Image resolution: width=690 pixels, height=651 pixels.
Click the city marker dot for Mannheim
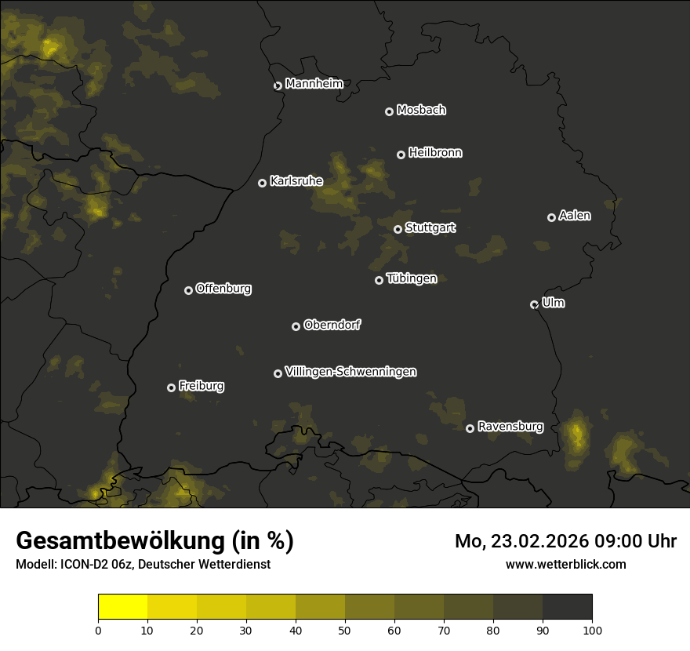tap(278, 86)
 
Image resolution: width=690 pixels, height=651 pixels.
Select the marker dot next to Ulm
tap(534, 304)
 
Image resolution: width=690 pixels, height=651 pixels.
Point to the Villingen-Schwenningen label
tap(350, 372)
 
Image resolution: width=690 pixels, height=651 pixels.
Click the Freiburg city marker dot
tap(171, 387)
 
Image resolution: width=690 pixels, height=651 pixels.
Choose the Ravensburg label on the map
tap(510, 427)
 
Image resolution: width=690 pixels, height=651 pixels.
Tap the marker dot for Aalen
tap(551, 217)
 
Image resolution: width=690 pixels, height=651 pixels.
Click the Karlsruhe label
tap(296, 181)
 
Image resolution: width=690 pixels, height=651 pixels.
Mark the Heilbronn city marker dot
tap(401, 155)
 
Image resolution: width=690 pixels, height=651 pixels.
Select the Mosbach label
tap(421, 110)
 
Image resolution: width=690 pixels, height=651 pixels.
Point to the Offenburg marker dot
tap(188, 290)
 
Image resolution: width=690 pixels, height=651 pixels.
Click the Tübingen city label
tap(412, 278)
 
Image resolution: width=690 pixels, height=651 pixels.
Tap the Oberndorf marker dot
tap(296, 326)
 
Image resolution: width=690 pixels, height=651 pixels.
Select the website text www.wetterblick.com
tap(565, 564)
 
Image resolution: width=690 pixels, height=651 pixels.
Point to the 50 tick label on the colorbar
tap(345, 630)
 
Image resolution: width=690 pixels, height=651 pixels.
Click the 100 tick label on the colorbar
tap(592, 630)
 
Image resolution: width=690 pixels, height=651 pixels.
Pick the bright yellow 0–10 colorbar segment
tap(123, 607)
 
